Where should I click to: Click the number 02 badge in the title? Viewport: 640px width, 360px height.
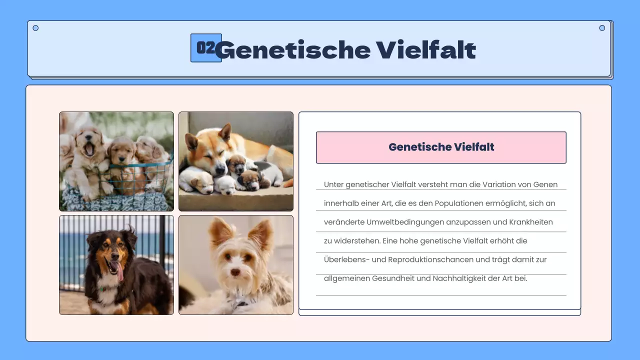point(205,48)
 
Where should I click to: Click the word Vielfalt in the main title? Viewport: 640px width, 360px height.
point(425,50)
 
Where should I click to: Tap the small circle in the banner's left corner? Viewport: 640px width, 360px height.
point(35,28)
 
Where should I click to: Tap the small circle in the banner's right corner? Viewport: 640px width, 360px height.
point(602,28)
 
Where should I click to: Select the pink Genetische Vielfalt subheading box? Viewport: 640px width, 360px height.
point(441,147)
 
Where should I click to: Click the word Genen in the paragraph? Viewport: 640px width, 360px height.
point(545,184)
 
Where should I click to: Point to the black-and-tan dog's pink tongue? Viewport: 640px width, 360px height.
point(119,271)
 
